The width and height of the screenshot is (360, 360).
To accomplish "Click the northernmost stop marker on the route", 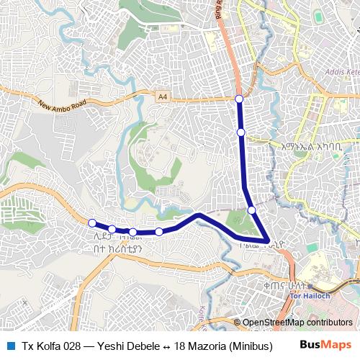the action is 239,98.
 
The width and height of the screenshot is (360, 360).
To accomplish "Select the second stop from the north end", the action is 241,132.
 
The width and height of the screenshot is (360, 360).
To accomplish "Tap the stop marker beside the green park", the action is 251,210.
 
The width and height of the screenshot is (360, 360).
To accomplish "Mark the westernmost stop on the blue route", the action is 92,222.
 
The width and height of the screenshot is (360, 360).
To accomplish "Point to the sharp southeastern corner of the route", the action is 268,240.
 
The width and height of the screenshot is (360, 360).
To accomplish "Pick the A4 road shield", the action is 162,94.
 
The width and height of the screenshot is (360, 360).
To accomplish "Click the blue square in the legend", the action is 9,346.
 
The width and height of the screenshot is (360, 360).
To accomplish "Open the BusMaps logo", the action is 326,346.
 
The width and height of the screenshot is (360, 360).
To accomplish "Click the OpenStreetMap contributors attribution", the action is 297,323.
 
